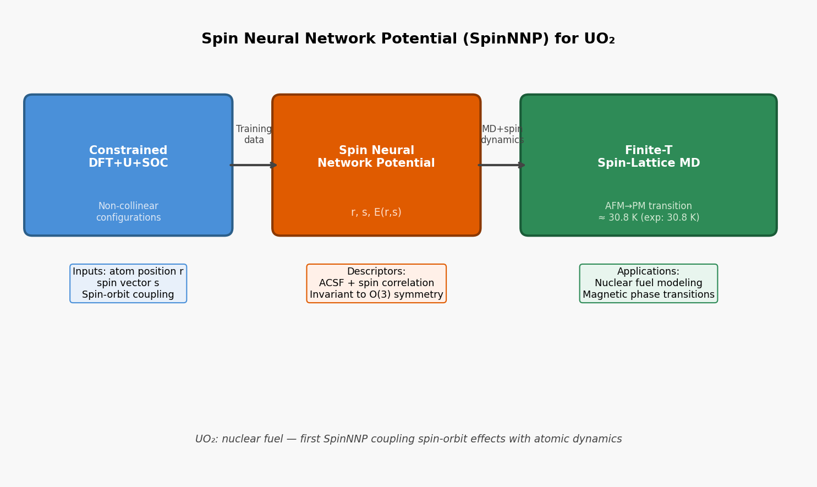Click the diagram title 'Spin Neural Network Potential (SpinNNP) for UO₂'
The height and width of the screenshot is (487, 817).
(x=408, y=39)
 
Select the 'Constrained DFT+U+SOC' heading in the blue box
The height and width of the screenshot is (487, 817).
(x=128, y=157)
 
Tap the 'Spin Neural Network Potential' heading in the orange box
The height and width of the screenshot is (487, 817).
(x=376, y=157)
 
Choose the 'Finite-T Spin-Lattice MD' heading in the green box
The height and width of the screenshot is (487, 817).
(x=648, y=157)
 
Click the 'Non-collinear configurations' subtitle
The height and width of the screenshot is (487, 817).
(x=128, y=212)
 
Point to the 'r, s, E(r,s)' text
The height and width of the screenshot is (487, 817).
(x=376, y=212)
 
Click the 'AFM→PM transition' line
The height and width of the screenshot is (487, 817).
(x=648, y=206)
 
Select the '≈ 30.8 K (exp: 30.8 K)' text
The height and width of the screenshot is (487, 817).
(x=648, y=218)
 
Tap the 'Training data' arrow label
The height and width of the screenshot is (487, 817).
(x=254, y=135)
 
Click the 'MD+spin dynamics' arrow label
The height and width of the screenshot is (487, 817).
(x=501, y=135)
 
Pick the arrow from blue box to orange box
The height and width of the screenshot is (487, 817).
(x=253, y=165)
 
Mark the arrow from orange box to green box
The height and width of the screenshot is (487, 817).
(x=501, y=165)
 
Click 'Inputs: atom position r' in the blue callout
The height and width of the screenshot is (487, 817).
(x=128, y=272)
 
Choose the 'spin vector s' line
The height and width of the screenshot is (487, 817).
(x=128, y=283)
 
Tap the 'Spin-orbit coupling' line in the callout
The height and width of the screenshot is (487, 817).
(x=128, y=295)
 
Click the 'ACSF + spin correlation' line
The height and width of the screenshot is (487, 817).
(x=376, y=283)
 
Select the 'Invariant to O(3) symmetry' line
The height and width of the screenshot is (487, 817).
(x=376, y=295)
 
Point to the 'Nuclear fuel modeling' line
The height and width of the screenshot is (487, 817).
(x=648, y=283)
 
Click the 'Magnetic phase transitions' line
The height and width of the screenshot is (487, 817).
(x=648, y=295)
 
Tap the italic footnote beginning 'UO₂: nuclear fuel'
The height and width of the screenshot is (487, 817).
(x=408, y=439)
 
